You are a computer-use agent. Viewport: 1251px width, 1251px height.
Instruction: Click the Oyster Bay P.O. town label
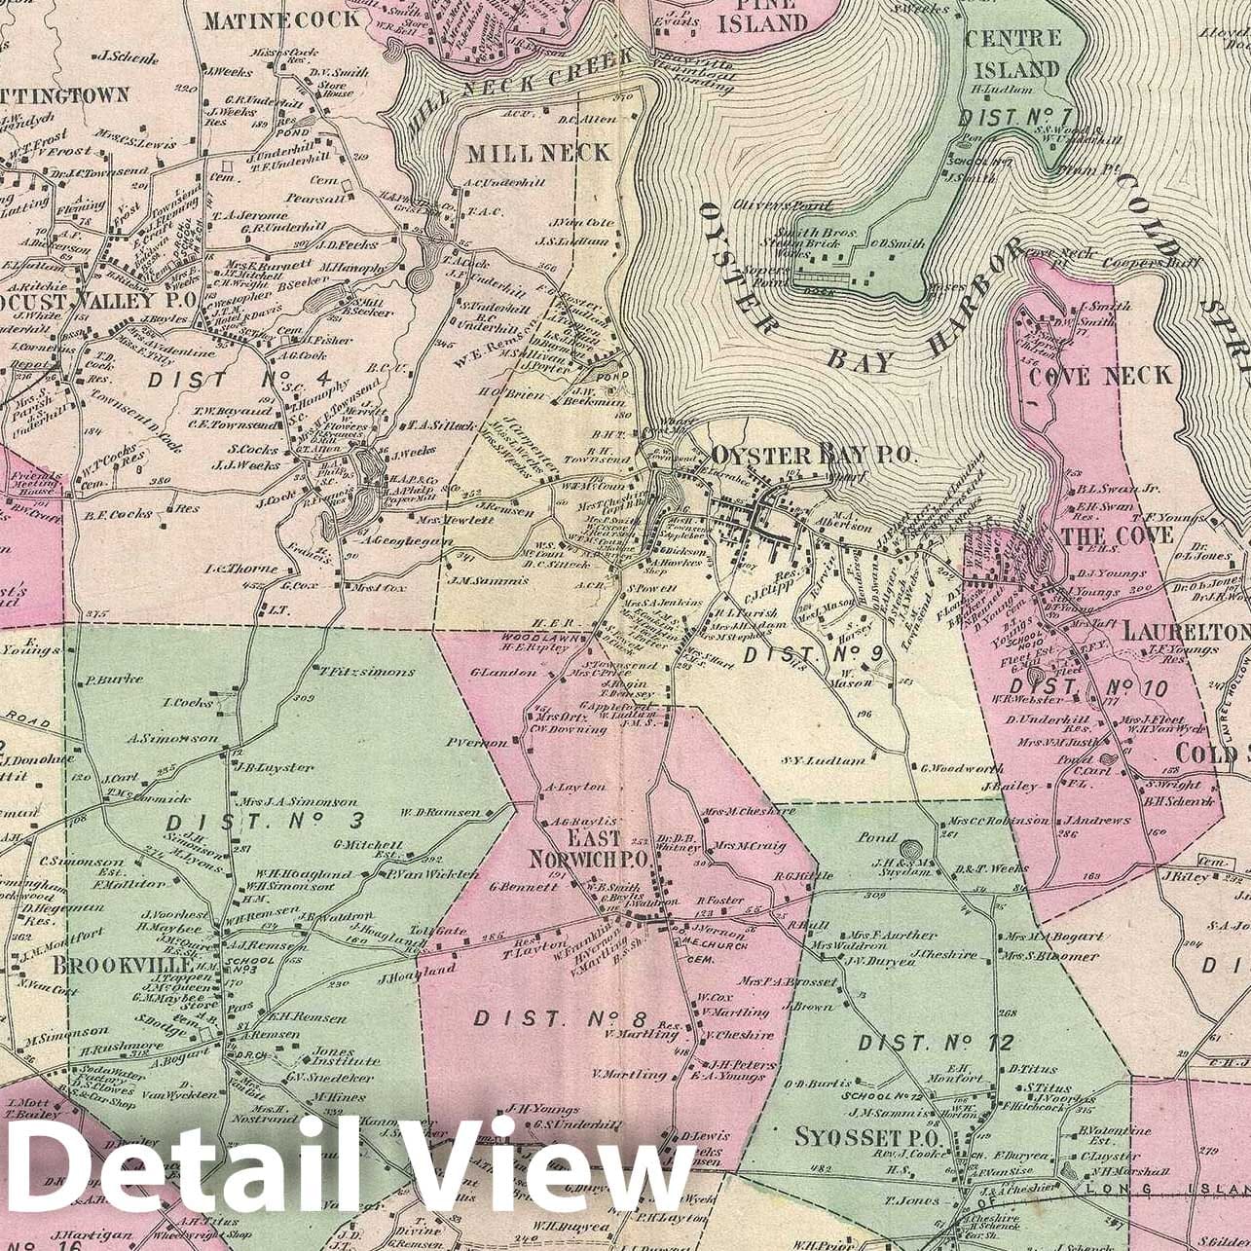pos(812,455)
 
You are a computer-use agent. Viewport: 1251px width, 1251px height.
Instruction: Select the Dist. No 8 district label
pos(560,1019)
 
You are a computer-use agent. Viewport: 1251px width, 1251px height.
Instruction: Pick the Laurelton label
pos(1185,632)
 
